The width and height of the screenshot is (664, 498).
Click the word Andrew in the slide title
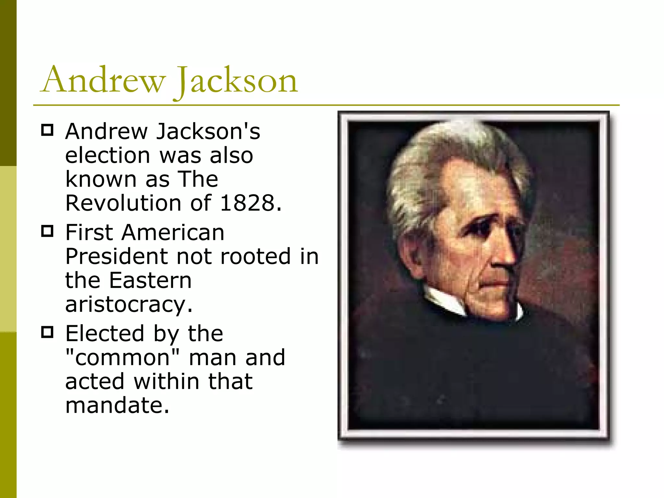point(103,79)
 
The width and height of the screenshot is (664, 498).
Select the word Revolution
point(123,203)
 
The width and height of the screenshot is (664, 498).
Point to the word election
point(108,155)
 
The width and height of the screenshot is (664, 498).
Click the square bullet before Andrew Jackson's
point(47,130)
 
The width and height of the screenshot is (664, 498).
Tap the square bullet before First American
point(47,231)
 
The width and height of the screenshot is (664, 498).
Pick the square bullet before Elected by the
point(47,332)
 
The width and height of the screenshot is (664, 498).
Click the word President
point(116,256)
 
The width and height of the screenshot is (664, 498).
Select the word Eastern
point(150,280)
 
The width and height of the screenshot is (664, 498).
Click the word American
point(173,232)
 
